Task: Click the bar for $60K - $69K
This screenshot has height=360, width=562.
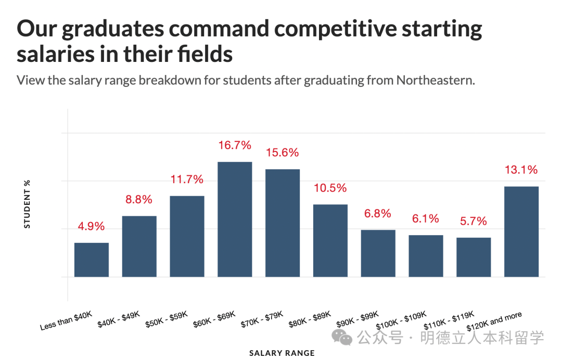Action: point(235,219)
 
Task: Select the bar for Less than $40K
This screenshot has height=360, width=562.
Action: point(92,260)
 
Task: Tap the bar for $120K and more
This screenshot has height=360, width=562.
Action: point(521,232)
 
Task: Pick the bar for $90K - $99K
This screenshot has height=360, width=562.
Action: point(378,253)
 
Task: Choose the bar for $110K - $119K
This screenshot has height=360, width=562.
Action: point(474,257)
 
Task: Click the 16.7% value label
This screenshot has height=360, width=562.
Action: point(235,145)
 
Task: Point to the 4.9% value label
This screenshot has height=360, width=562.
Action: point(92,226)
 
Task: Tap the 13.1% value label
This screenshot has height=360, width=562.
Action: point(521,170)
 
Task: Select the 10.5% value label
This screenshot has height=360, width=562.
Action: point(330,188)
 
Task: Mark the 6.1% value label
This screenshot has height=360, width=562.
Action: point(426,218)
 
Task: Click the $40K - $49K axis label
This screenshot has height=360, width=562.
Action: point(119,319)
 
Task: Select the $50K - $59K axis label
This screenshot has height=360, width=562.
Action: point(167,319)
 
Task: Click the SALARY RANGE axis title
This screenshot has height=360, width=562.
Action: point(282,353)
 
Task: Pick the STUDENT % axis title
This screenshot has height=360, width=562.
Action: point(28,204)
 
